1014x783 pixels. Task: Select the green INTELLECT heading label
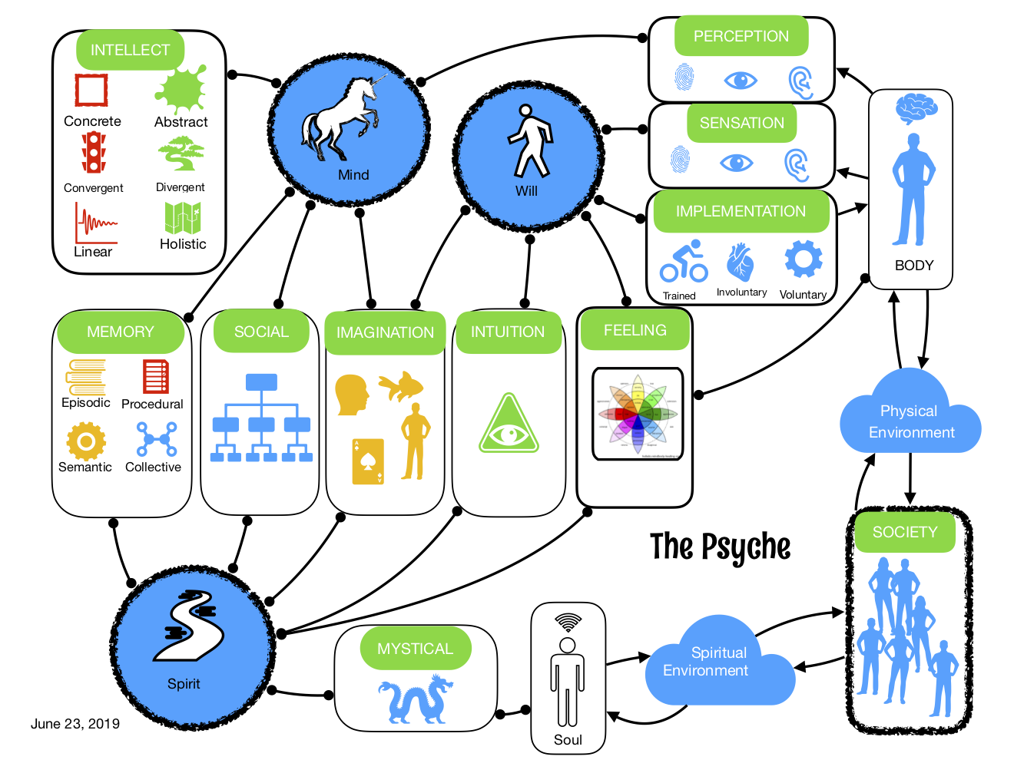pyautogui.click(x=131, y=50)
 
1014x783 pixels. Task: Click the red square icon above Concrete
pyautogui.click(x=91, y=90)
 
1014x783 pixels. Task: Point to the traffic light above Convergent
pyautogui.click(x=94, y=153)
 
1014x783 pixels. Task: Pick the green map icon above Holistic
pyautogui.click(x=183, y=218)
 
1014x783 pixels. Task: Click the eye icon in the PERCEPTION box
pyautogui.click(x=741, y=80)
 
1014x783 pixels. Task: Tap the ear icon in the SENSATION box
pyautogui.click(x=797, y=164)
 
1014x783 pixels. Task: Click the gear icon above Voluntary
pyautogui.click(x=804, y=259)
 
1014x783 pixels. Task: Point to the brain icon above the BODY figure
pyautogui.click(x=916, y=108)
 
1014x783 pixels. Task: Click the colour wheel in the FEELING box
pyautogui.click(x=638, y=414)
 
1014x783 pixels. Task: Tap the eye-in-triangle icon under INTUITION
pyautogui.click(x=509, y=425)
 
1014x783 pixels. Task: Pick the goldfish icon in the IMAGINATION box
pyautogui.click(x=403, y=385)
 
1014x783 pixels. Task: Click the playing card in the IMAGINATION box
pyautogui.click(x=368, y=461)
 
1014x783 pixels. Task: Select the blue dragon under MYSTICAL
pyautogui.click(x=416, y=699)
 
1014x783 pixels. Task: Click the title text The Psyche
pyautogui.click(x=720, y=547)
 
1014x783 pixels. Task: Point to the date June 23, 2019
pyautogui.click(x=75, y=723)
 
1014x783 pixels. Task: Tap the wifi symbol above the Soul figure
pyautogui.click(x=568, y=622)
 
